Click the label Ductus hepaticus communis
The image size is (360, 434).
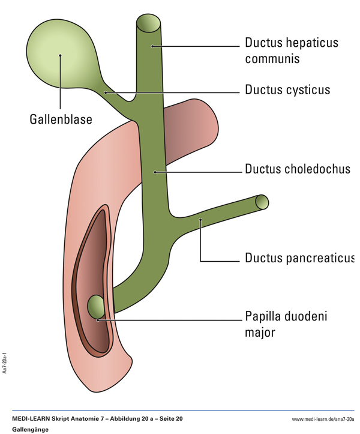(x=292, y=50)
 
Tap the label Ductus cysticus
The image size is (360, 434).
(x=287, y=91)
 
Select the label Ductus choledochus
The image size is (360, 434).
(x=297, y=169)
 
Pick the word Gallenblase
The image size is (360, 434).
(x=61, y=119)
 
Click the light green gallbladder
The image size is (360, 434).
(x=60, y=57)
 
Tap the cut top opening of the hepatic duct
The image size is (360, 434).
(x=148, y=22)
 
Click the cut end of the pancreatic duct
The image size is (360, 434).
(x=262, y=202)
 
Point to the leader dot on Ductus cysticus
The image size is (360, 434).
(x=106, y=92)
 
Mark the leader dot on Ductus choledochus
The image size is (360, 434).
(x=155, y=172)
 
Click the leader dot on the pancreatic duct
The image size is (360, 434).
(x=201, y=221)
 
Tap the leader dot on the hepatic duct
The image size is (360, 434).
(x=153, y=46)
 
